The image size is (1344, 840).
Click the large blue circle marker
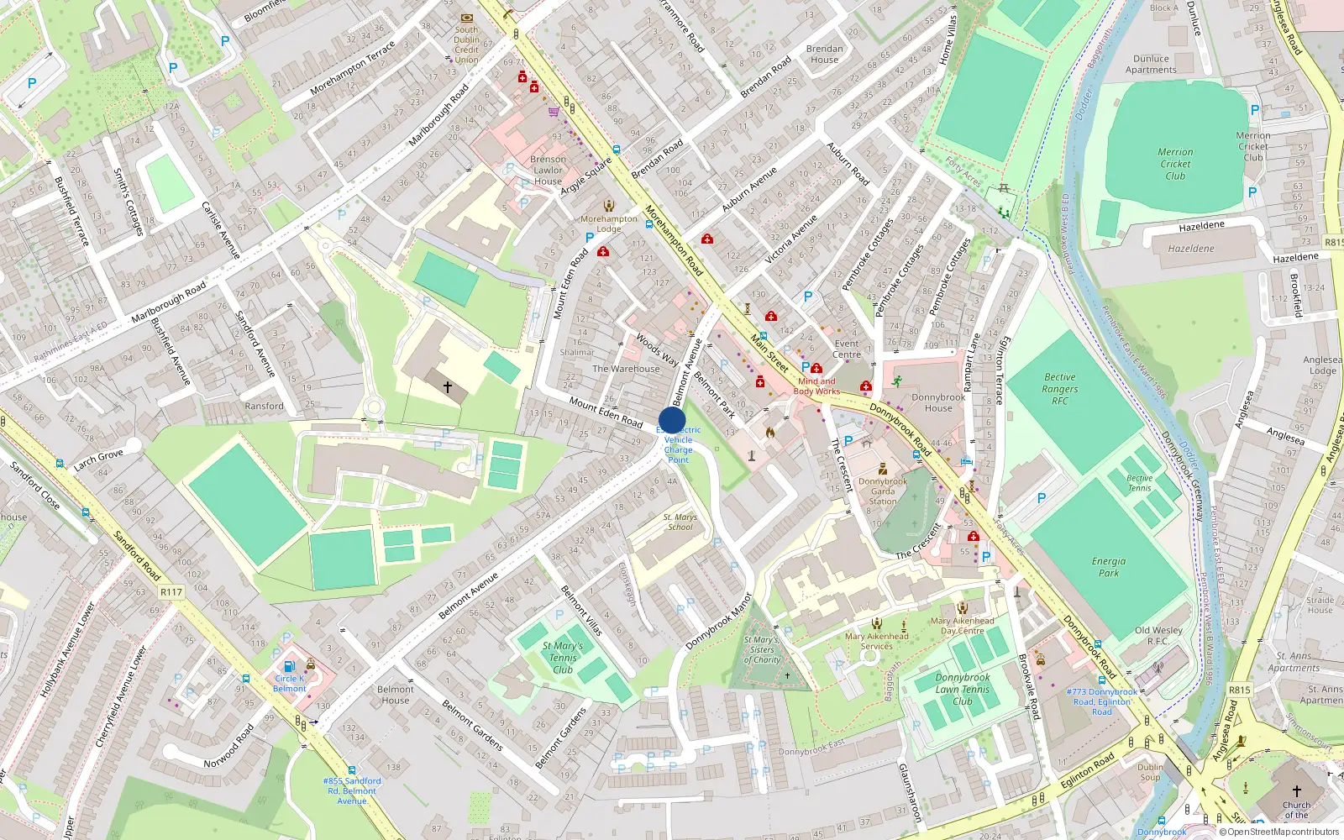[672, 420]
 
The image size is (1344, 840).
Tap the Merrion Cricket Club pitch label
[1175, 164]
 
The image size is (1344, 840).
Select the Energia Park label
[1109, 567]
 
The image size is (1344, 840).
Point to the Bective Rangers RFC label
[1059, 389]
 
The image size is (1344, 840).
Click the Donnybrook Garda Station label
[883, 491]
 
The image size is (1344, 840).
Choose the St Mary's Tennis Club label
[563, 658]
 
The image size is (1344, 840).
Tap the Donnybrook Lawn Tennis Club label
[963, 689]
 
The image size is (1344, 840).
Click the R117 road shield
[171, 592]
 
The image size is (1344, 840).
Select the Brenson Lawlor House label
[548, 170]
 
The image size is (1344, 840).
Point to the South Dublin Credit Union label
[466, 45]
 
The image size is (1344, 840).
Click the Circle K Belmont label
[290, 684]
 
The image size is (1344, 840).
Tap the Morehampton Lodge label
[609, 223]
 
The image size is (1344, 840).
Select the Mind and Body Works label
[816, 386]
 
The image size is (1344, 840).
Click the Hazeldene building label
[1191, 249]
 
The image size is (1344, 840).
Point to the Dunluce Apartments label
[1151, 65]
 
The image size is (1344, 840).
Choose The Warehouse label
[626, 369]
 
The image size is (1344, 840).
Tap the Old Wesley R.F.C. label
[1158, 635]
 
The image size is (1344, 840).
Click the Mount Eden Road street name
[606, 412]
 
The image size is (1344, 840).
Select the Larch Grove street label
[98, 459]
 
